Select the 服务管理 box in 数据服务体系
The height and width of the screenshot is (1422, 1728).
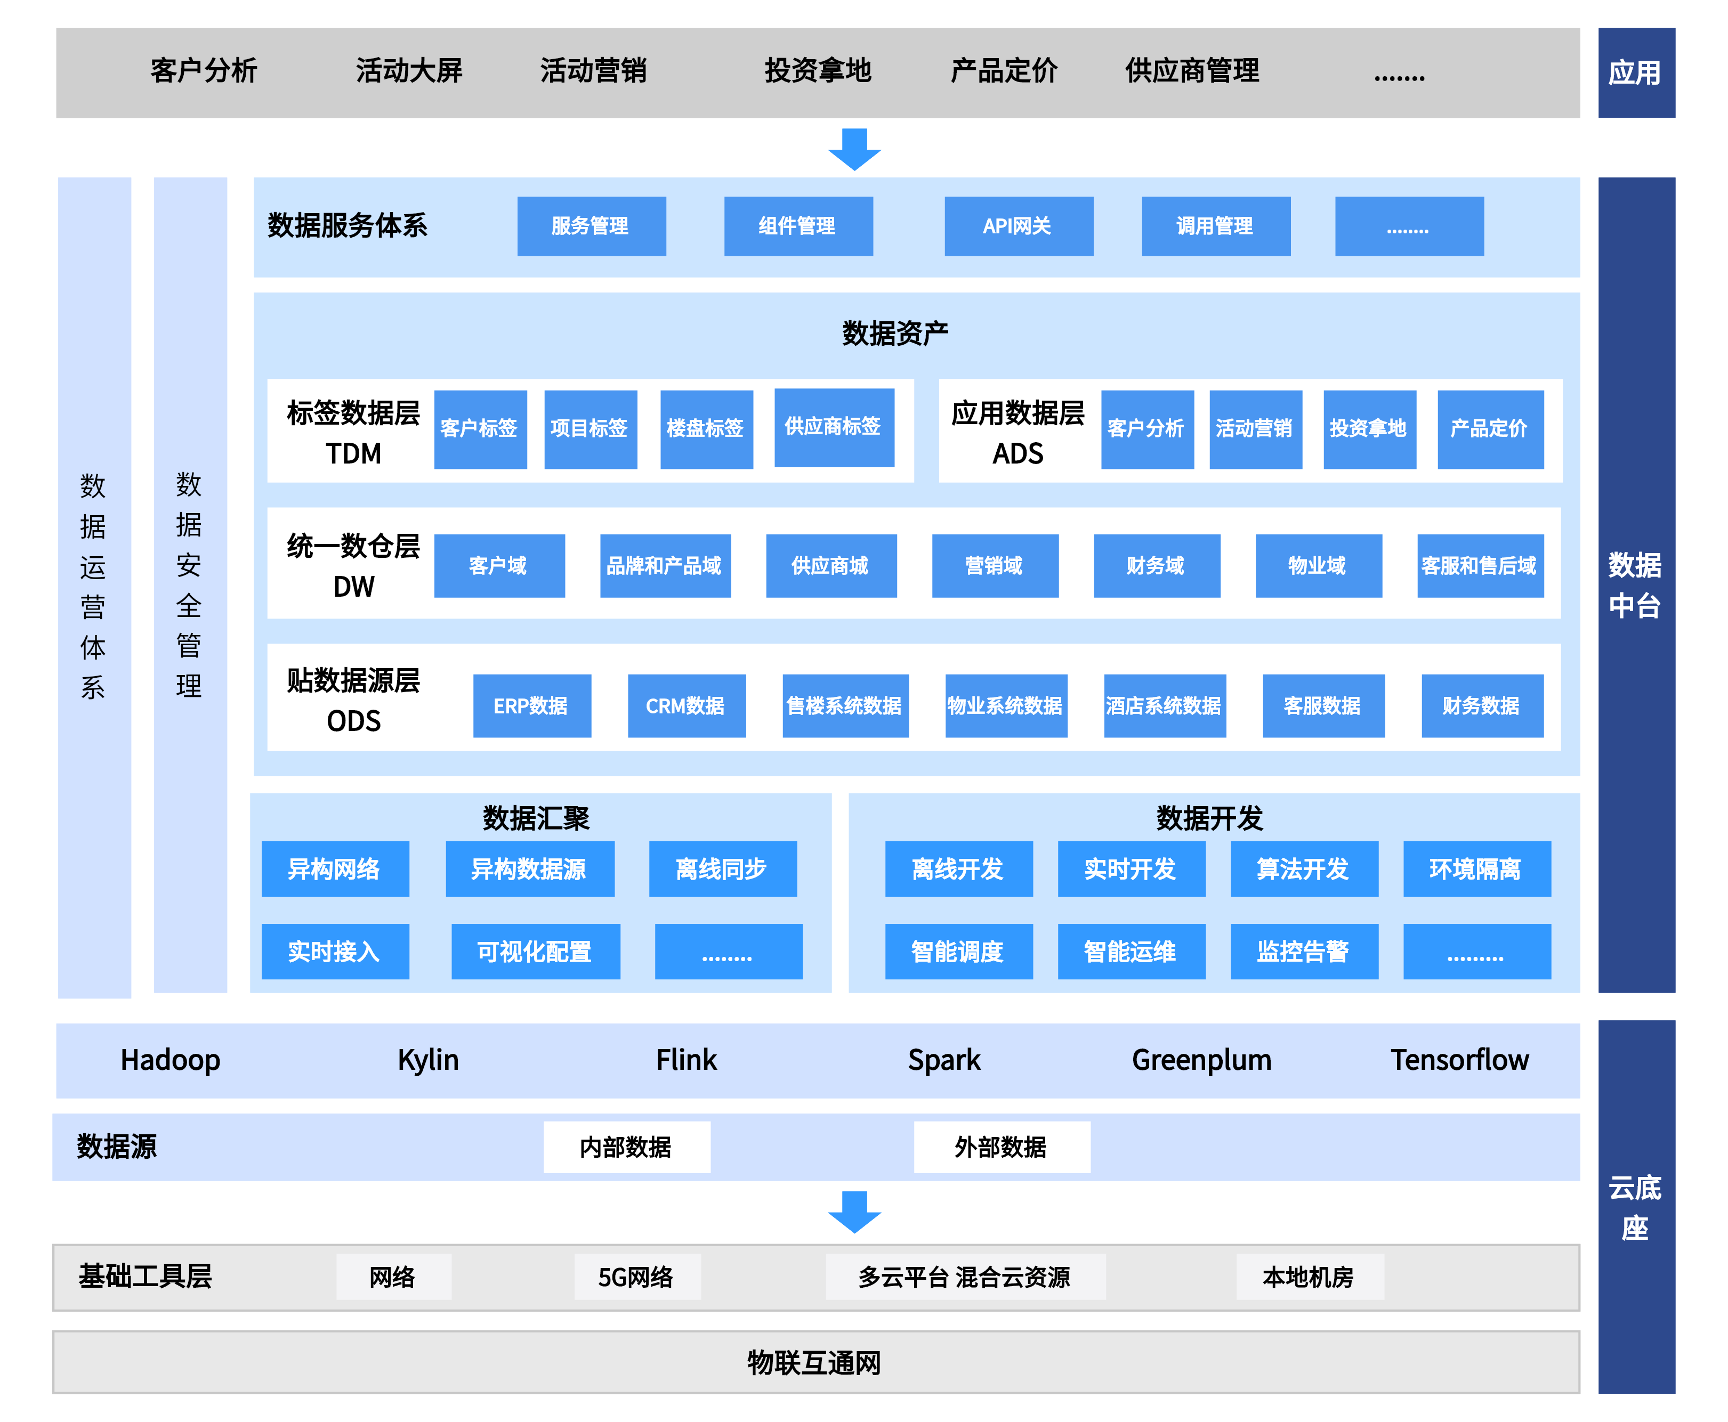pos(591,226)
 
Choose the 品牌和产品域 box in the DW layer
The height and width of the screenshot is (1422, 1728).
pos(665,566)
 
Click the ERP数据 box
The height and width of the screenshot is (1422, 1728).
pos(532,706)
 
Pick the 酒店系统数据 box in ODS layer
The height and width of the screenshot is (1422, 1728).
pos(1164,706)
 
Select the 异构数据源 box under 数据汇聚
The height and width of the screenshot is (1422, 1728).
pos(529,869)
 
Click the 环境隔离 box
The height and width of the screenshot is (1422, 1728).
pos(1476,869)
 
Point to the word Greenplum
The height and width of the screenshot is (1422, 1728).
pos(1201,1060)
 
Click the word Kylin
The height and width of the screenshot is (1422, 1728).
pos(427,1060)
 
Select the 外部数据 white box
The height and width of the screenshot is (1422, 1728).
pos(1001,1147)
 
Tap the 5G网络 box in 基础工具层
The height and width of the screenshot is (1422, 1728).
pos(636,1276)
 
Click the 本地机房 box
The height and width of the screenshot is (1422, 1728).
pos(1309,1276)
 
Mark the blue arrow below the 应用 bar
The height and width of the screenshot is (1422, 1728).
pos(854,149)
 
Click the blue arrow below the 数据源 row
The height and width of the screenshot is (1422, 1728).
pos(854,1212)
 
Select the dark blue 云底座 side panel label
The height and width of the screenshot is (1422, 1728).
pos(1635,1207)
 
